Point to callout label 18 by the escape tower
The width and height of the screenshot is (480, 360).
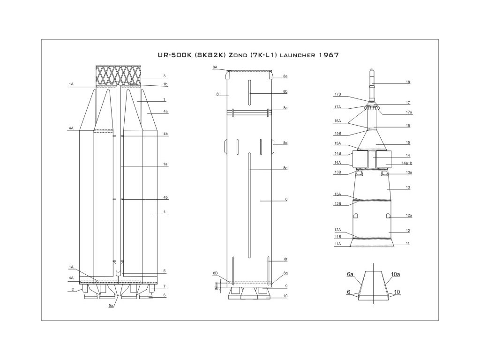tap(408, 82)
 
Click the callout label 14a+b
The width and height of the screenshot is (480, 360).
tap(408, 163)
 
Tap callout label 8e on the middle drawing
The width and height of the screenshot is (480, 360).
tap(285, 168)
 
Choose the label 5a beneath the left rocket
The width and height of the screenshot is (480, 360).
tap(111, 306)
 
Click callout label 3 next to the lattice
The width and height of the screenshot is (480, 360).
tap(165, 76)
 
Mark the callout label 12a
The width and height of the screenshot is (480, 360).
tap(409, 216)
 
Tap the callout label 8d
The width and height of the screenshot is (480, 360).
tap(285, 143)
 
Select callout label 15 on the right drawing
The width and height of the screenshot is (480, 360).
tap(408, 142)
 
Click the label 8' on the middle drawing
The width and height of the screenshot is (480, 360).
tap(218, 95)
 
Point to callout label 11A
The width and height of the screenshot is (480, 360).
tap(337, 244)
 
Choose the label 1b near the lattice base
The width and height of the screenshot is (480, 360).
tap(165, 84)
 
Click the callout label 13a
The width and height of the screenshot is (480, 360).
tap(409, 173)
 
